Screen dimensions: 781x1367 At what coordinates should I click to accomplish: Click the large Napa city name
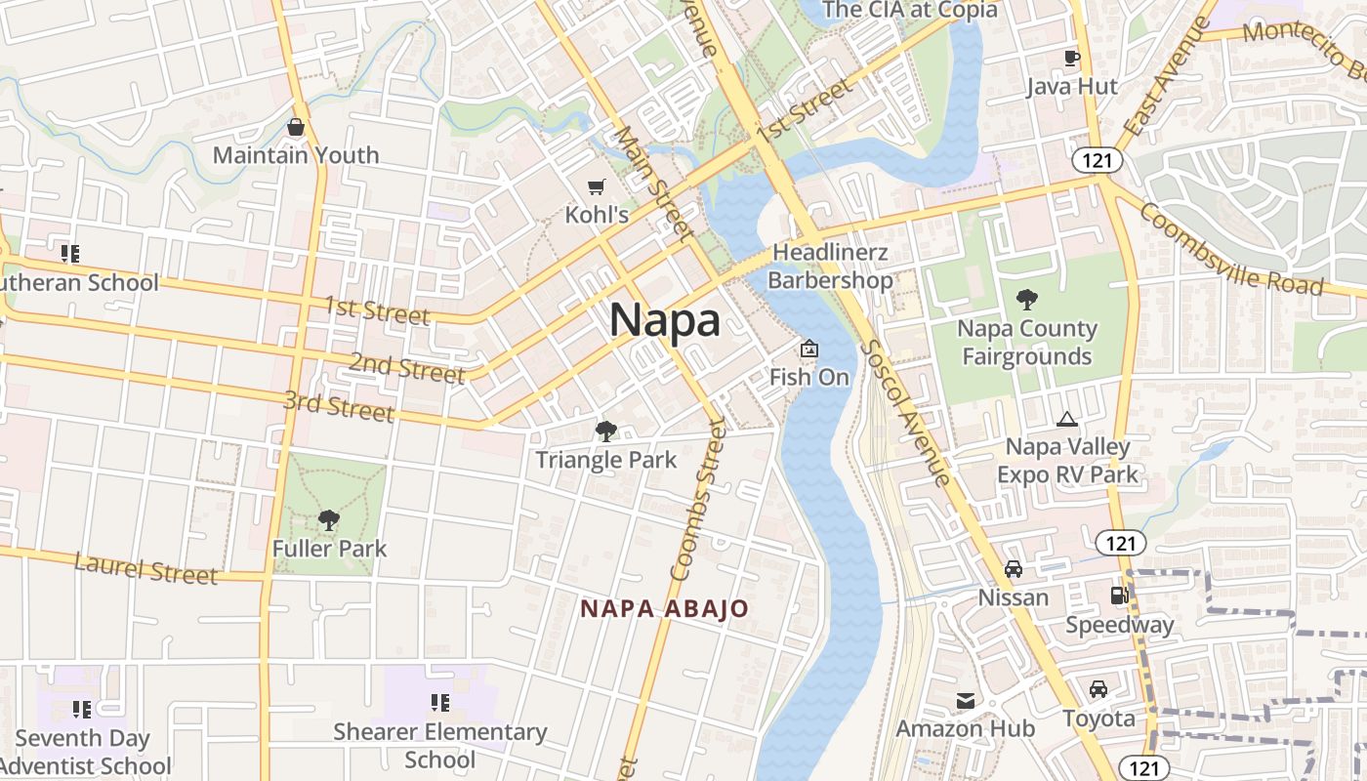[665, 320]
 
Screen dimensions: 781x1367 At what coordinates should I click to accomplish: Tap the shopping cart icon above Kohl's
[596, 186]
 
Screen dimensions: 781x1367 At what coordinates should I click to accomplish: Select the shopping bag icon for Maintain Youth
[296, 127]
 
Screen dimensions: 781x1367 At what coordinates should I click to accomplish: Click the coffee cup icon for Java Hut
[1071, 58]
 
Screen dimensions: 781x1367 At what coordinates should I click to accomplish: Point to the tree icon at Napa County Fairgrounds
[1026, 299]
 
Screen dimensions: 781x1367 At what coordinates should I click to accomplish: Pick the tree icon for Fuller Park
[329, 519]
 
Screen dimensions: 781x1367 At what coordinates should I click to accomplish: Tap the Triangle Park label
[605, 459]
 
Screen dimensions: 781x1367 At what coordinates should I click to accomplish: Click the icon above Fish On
[809, 348]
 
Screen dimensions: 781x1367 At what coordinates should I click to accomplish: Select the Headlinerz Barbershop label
[830, 267]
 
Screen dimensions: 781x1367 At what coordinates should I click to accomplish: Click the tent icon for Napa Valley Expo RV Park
[1067, 420]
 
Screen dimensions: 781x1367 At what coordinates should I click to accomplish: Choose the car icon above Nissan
[1014, 569]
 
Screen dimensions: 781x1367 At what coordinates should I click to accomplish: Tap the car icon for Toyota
[1098, 689]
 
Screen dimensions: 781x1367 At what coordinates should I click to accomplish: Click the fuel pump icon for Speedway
[1119, 595]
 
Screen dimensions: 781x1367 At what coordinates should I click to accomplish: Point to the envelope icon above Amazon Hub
[966, 700]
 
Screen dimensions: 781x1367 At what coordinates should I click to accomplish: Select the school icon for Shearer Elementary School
[440, 703]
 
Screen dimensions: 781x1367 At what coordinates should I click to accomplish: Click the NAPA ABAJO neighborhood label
[665, 609]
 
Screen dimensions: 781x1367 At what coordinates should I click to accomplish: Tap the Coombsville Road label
[1230, 249]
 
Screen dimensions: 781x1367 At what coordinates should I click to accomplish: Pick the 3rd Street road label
[339, 405]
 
